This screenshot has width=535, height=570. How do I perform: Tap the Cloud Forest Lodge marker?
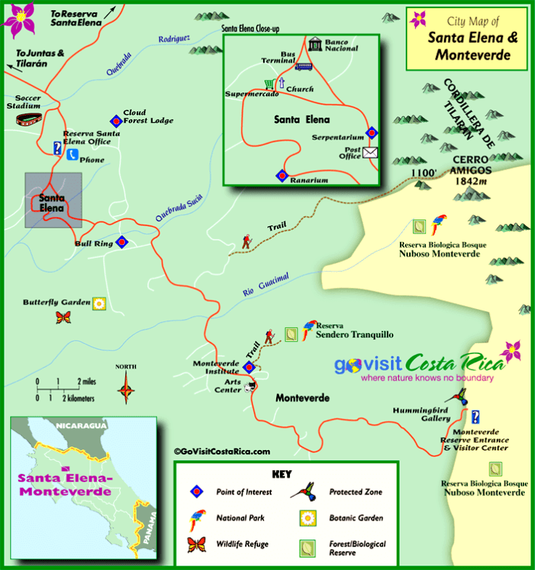pyautogui.click(x=114, y=121)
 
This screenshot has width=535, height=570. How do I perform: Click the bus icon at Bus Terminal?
pyautogui.click(x=303, y=66)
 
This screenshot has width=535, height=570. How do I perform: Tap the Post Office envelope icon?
pyautogui.click(x=371, y=152)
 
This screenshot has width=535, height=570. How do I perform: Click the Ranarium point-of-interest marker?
pyautogui.click(x=281, y=175)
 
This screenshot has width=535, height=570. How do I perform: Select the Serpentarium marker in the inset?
pyautogui.click(x=371, y=132)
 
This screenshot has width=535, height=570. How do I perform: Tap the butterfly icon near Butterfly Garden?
pyautogui.click(x=65, y=317)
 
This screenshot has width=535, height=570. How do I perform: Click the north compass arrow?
pyautogui.click(x=127, y=386)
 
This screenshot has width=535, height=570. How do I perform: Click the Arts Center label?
pyautogui.click(x=228, y=386)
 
